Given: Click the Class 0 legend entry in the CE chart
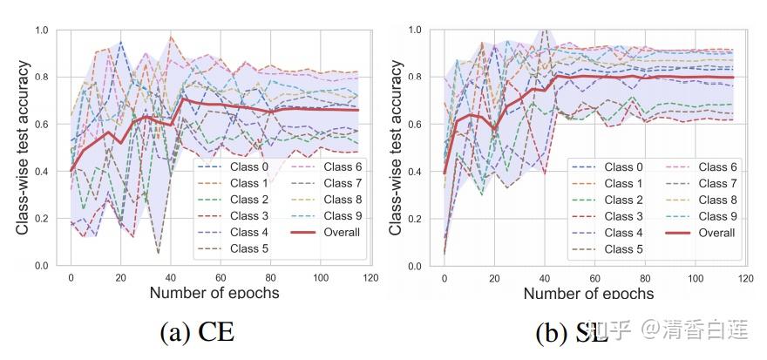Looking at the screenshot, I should coord(246,166).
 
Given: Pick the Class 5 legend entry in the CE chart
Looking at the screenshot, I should coord(246,248).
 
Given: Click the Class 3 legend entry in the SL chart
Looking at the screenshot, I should coord(620,216).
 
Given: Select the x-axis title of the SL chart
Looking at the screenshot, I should coord(588,293).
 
